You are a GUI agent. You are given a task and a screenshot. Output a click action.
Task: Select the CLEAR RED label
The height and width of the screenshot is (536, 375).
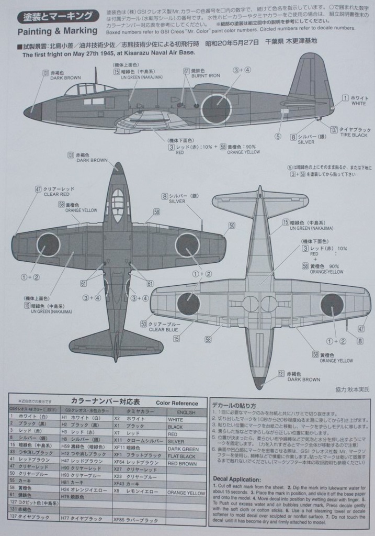55,194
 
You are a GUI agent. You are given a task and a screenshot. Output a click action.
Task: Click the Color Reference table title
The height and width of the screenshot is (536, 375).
177,403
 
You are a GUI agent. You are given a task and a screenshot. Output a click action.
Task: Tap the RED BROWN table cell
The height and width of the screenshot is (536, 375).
181,463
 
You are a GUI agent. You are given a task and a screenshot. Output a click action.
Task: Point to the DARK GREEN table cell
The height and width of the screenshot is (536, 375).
183,449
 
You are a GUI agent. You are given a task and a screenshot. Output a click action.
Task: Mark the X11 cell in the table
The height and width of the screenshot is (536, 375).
118,441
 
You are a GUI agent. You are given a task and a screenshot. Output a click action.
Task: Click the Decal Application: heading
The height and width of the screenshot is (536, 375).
236,479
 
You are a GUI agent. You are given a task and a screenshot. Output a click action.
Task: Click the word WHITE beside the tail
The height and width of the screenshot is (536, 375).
359,104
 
